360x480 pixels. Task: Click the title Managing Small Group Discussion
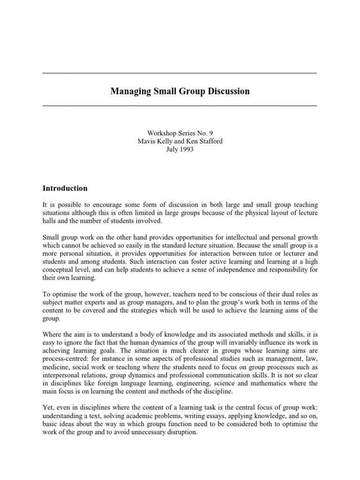[x=180, y=91]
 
